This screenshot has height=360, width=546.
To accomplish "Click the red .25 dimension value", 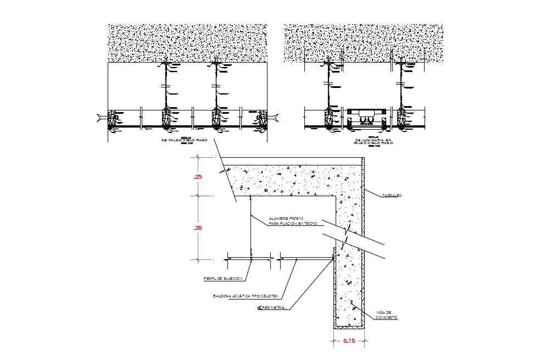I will [x=198, y=177].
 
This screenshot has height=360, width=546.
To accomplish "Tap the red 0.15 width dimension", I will [x=349, y=341].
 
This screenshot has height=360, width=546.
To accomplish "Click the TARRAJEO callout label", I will [x=392, y=195].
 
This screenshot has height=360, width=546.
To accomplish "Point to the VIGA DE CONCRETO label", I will [x=387, y=315].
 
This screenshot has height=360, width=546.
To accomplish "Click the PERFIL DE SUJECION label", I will [x=222, y=279].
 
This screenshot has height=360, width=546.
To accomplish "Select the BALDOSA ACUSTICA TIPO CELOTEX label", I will [x=246, y=296].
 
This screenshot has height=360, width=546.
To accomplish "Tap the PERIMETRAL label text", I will [x=274, y=308].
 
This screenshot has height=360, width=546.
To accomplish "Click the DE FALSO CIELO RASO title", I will [x=184, y=141].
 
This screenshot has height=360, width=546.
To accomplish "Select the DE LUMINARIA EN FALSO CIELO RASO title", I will [x=374, y=141].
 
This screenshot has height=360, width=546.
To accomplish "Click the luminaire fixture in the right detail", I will [x=365, y=117].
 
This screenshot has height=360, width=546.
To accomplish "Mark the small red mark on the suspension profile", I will [x=251, y=257].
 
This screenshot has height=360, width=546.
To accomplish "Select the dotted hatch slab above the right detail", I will [x=363, y=42].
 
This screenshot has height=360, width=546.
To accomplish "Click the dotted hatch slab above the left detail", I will [x=187, y=42].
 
